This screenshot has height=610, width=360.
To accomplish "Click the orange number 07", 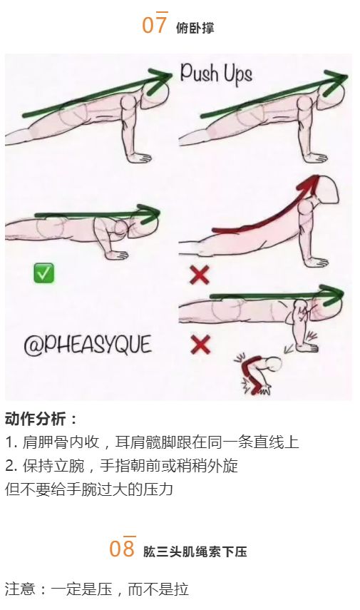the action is [x=155, y=24].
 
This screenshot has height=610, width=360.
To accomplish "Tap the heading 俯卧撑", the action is [x=195, y=28].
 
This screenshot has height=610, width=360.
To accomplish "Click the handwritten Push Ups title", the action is [x=216, y=74].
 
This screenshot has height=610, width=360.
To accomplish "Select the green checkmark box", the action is [x=44, y=273].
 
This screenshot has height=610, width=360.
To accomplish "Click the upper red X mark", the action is [x=200, y=275].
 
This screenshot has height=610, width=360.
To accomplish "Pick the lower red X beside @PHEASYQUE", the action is [x=200, y=345].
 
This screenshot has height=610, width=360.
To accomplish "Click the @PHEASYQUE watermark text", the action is [x=88, y=345].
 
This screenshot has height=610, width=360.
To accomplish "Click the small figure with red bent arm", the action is [x=258, y=372].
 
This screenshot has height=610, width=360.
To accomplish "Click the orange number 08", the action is [x=122, y=547].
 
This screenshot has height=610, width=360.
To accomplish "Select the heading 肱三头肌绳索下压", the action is [x=195, y=551].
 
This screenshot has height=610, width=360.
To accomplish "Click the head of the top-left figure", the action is [x=155, y=95].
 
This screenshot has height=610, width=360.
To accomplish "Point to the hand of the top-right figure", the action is [x=314, y=158].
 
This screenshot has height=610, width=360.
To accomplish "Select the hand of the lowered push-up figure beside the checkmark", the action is [x=117, y=255].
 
